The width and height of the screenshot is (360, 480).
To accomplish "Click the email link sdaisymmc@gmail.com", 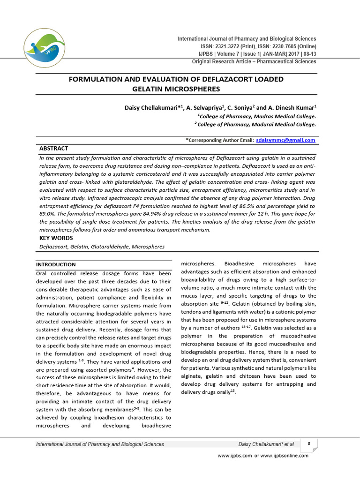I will [285, 140].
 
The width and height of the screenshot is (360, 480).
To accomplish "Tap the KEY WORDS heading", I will [56, 238].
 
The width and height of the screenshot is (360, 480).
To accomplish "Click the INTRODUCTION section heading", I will [56, 265].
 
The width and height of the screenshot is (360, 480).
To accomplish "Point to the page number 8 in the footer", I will [308, 443].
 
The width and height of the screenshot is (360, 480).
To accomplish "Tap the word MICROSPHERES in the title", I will [193, 89].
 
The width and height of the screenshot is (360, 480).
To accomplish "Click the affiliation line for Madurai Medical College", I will [255, 125].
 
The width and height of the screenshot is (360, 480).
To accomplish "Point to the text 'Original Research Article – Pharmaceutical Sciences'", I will [254, 62].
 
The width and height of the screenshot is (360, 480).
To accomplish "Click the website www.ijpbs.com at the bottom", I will [235, 456].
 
